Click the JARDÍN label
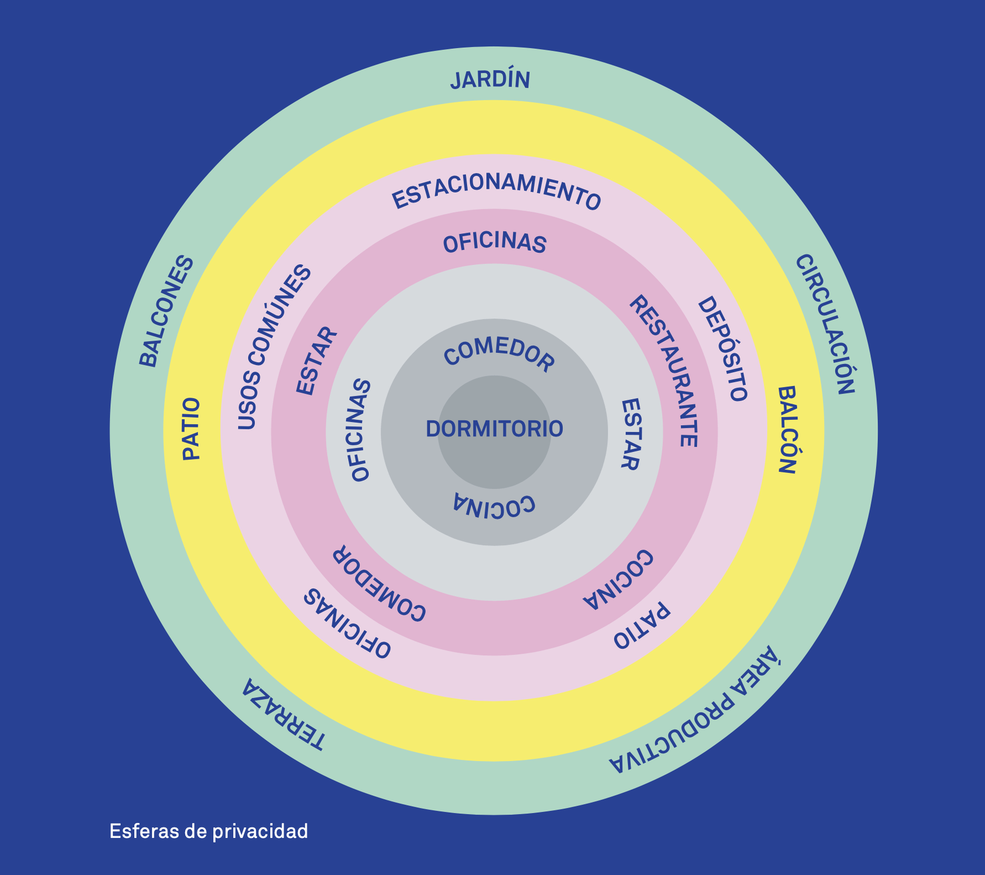[x=490, y=80]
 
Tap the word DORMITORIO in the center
[x=494, y=429]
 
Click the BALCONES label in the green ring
[x=166, y=312]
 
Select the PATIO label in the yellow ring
[x=191, y=429]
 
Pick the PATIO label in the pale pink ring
[x=642, y=626]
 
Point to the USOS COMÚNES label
[x=274, y=347]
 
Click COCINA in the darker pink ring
[x=619, y=579]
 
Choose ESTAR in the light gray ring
[x=631, y=434]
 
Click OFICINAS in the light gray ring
[x=360, y=430]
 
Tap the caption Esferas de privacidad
[x=208, y=831]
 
